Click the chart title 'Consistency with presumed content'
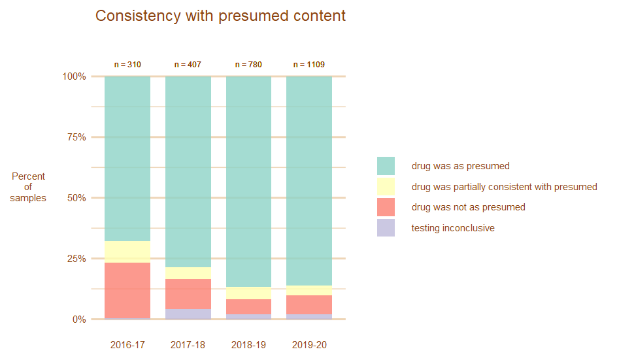220,16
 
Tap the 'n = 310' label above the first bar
127,65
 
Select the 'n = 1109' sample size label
309,65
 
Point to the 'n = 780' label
248,65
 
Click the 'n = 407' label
188,65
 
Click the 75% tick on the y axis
75,137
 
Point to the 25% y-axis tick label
75,259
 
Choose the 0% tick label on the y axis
78,319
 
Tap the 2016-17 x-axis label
127,345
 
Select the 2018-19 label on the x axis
248,345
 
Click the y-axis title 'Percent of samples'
28,187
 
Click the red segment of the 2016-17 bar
127,290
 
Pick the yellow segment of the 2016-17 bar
127,252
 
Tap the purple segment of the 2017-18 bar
188,314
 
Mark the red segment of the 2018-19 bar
248,306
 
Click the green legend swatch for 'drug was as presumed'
386,166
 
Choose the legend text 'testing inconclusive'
452,228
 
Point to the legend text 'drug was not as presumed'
468,207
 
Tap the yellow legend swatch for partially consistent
386,187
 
